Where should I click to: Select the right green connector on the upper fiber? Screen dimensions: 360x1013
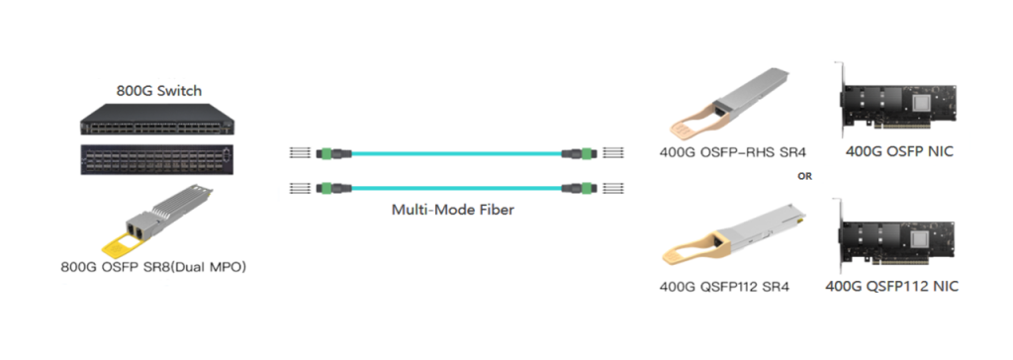[577, 153]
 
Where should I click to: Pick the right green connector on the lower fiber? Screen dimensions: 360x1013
[577, 187]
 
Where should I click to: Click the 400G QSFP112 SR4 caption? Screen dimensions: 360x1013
[726, 288]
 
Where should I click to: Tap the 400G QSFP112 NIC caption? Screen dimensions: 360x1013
[891, 288]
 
